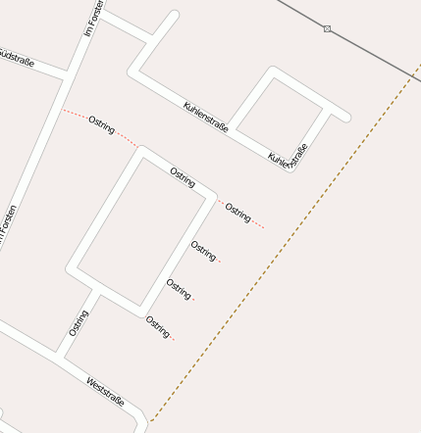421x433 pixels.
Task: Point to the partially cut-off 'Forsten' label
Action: coord(8,224)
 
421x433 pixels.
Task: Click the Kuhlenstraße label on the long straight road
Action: coord(206,119)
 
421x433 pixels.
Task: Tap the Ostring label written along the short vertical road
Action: coord(79,322)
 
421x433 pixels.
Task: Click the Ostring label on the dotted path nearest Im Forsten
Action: coord(101,124)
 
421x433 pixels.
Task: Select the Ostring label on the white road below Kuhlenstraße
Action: coord(183,177)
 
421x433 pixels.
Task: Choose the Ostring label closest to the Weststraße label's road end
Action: coord(158,326)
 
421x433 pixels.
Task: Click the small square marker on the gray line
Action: coord(327,28)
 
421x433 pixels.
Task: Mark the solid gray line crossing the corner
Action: coord(373,54)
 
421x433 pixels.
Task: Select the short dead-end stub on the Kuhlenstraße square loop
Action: coord(339,117)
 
